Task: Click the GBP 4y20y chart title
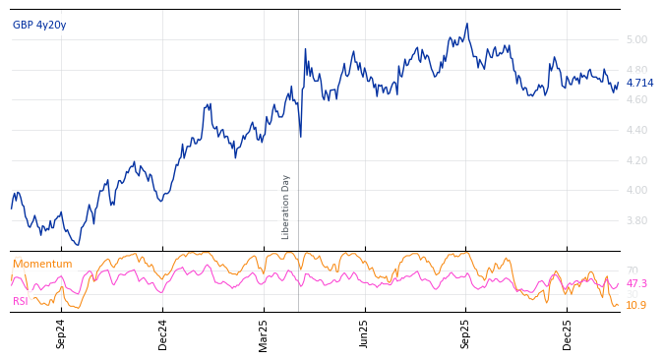(39, 26)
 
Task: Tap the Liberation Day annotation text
(286, 207)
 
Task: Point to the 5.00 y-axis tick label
(636, 40)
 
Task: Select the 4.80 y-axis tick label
(636, 71)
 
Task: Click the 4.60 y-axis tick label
(636, 100)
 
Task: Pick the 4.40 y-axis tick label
(636, 131)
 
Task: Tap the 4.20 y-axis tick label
(636, 160)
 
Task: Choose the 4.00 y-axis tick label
(636, 191)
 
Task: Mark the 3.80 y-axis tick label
(636, 221)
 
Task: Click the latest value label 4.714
(639, 84)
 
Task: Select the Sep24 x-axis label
(61, 333)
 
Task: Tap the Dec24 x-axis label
(163, 333)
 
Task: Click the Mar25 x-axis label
(264, 333)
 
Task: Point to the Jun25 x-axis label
(365, 333)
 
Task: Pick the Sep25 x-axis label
(465, 333)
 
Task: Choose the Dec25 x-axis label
(568, 333)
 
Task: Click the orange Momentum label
(42, 265)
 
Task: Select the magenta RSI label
(21, 302)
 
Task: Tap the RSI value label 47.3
(636, 284)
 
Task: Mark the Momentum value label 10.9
(636, 306)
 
